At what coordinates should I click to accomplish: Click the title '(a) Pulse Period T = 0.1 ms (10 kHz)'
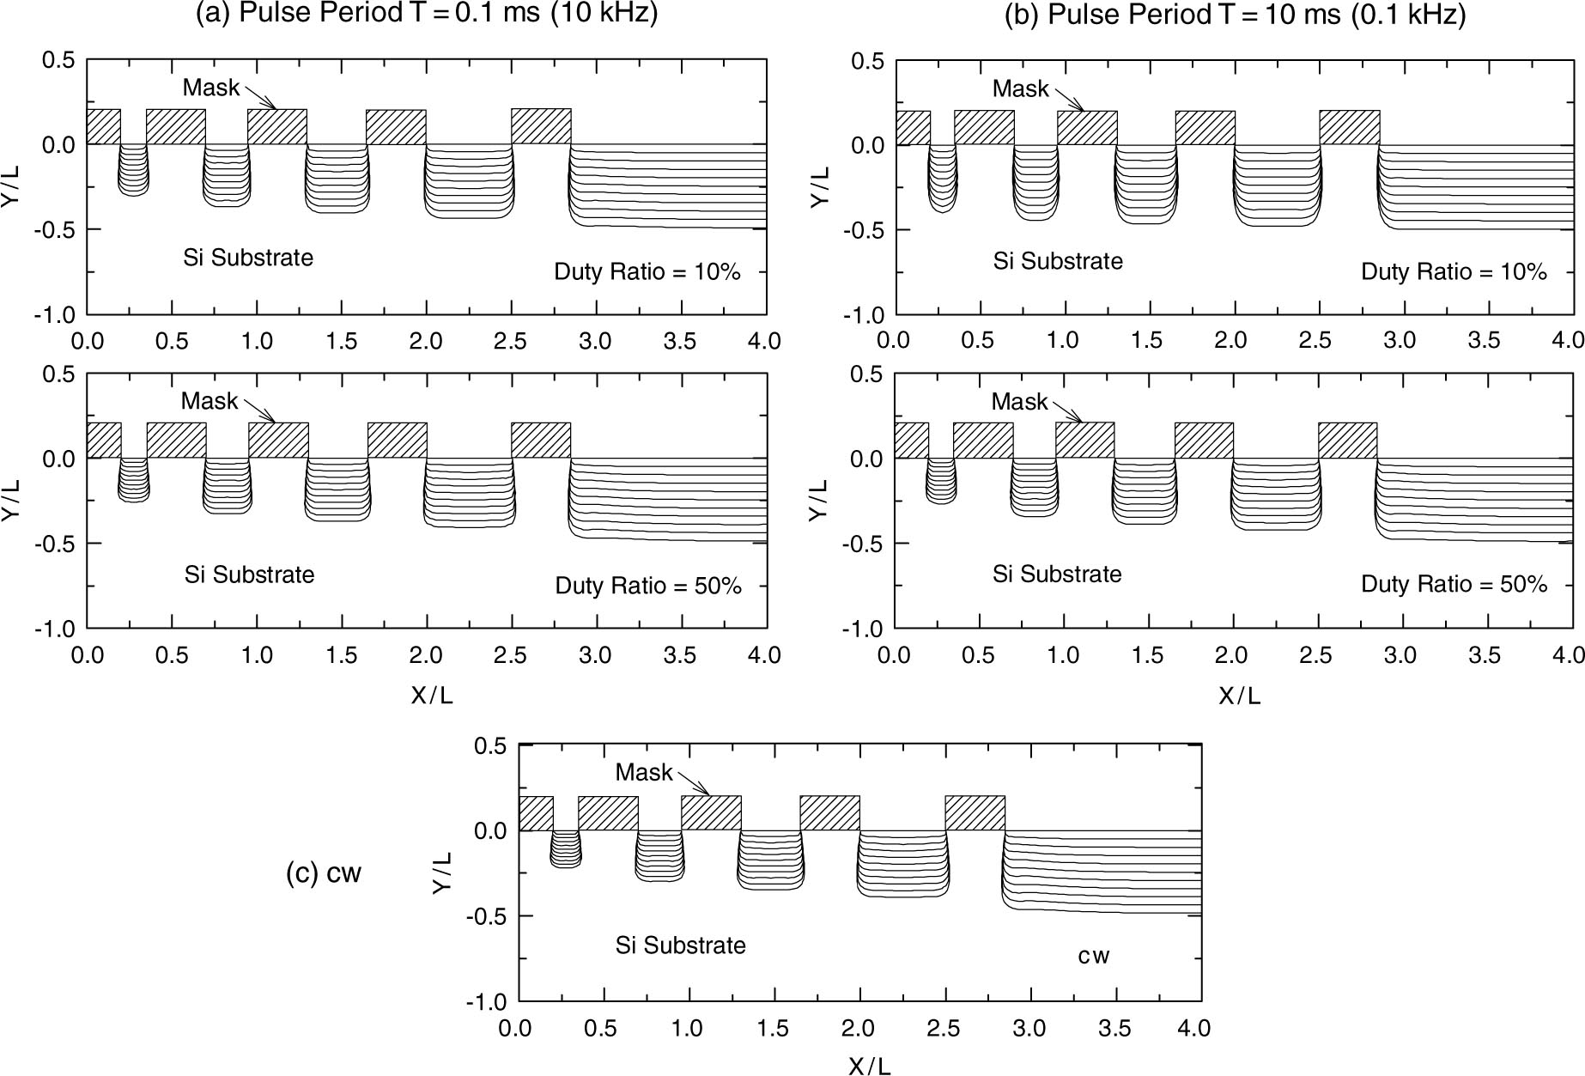tap(427, 15)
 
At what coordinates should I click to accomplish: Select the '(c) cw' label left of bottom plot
tap(324, 873)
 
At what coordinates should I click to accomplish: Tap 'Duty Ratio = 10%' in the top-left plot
tap(647, 272)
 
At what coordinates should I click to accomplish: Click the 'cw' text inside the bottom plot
tap(1094, 956)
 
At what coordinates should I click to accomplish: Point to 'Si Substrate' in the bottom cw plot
tap(680, 945)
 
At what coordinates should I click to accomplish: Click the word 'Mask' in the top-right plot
tap(1020, 88)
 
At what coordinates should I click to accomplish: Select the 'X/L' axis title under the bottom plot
tap(869, 1066)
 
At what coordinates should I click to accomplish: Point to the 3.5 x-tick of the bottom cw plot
tap(1115, 1028)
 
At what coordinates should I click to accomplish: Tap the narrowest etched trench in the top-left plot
tap(133, 171)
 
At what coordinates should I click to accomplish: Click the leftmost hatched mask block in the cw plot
tap(536, 813)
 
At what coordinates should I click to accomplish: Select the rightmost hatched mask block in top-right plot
tap(1349, 127)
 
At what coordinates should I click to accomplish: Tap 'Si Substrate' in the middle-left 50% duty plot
tap(249, 574)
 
